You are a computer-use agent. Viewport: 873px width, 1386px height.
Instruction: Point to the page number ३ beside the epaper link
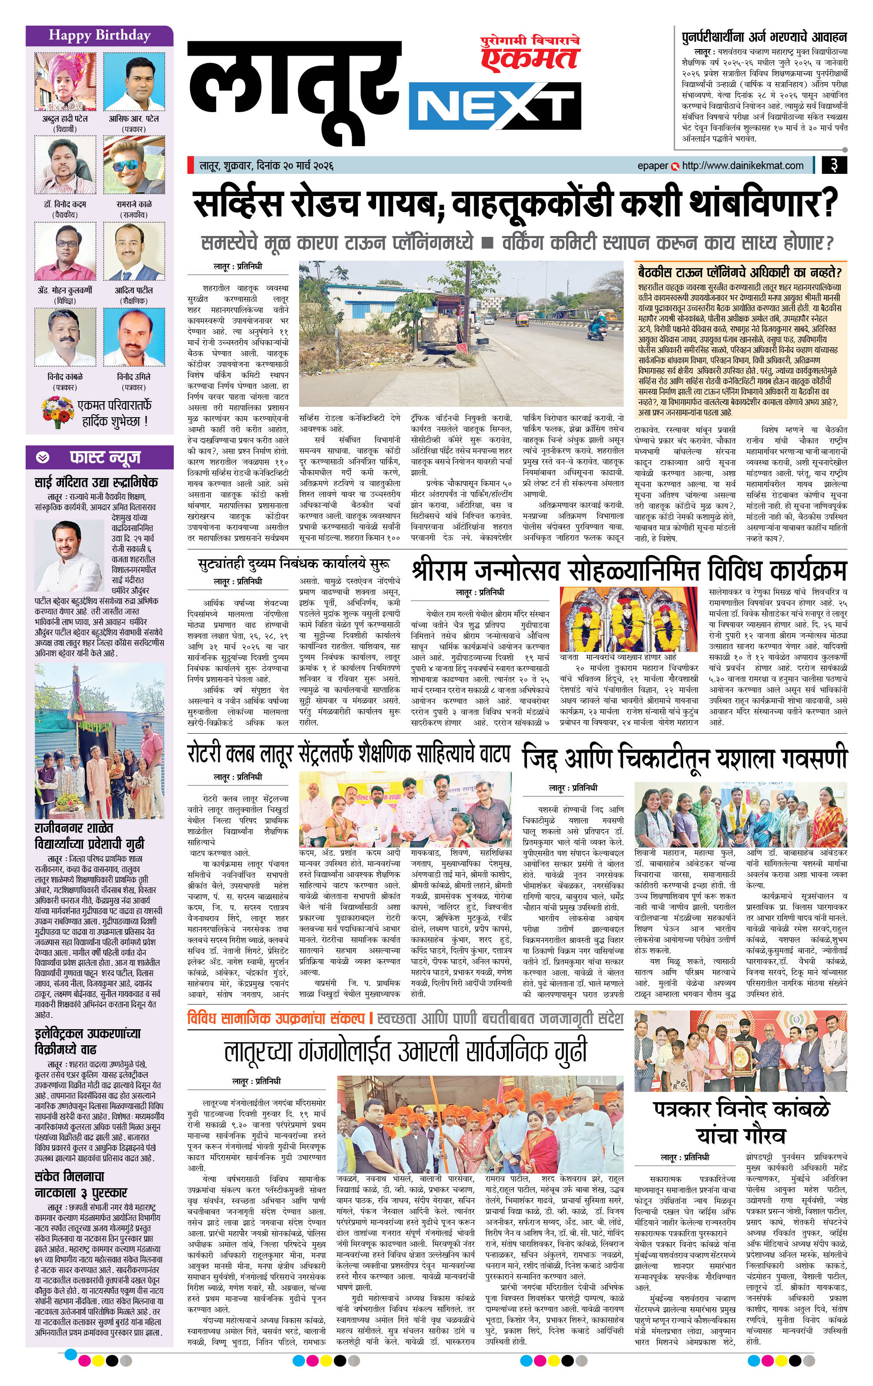(x=833, y=165)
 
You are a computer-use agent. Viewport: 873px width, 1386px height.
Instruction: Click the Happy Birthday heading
(x=99, y=35)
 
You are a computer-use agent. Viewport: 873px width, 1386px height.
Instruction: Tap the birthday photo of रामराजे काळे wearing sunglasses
(x=133, y=166)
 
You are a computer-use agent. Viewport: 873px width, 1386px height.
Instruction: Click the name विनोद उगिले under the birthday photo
(x=133, y=376)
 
